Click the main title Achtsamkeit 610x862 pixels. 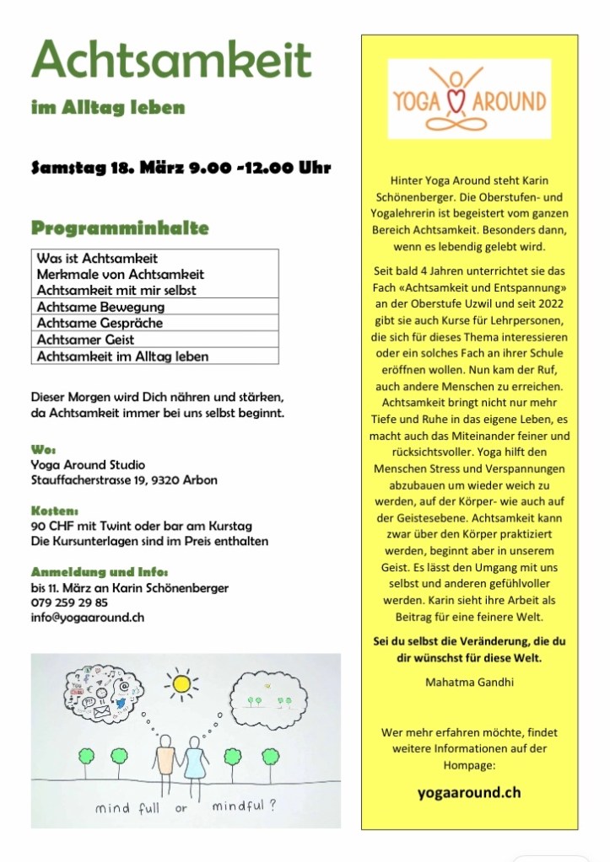(x=171, y=61)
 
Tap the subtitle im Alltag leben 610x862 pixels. (x=107, y=108)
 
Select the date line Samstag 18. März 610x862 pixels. (x=180, y=167)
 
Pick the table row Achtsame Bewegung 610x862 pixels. (x=100, y=307)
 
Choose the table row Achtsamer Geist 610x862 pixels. (x=85, y=340)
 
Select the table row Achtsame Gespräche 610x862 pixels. (x=100, y=323)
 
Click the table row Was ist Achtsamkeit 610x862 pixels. (x=97, y=258)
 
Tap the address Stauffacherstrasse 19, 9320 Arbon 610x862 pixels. (x=123, y=480)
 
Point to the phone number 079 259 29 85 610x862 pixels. (x=69, y=602)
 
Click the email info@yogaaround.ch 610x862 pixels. (x=87, y=617)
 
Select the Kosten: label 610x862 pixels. (x=55, y=511)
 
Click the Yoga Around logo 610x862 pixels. (x=469, y=99)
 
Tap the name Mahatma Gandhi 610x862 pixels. (x=469, y=681)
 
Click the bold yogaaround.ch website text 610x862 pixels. (x=469, y=792)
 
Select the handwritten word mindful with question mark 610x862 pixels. (x=245, y=806)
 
